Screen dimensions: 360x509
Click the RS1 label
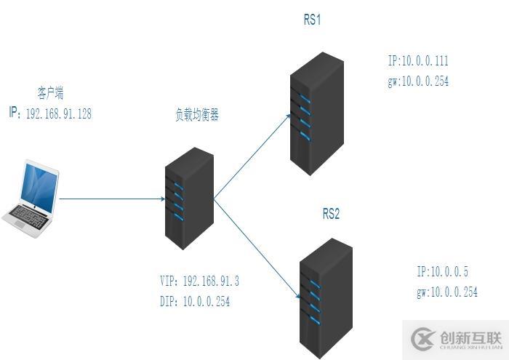tap(313, 20)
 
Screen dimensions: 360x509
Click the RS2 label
tap(331, 215)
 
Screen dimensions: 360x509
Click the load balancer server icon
tap(189, 198)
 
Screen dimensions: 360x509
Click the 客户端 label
tap(50, 92)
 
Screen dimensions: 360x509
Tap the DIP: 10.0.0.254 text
tap(194, 301)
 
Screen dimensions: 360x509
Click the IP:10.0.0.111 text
tap(418, 61)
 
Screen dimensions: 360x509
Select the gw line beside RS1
tap(418, 81)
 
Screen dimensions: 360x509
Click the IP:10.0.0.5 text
tap(442, 272)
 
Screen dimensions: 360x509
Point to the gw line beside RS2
tap(447, 292)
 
